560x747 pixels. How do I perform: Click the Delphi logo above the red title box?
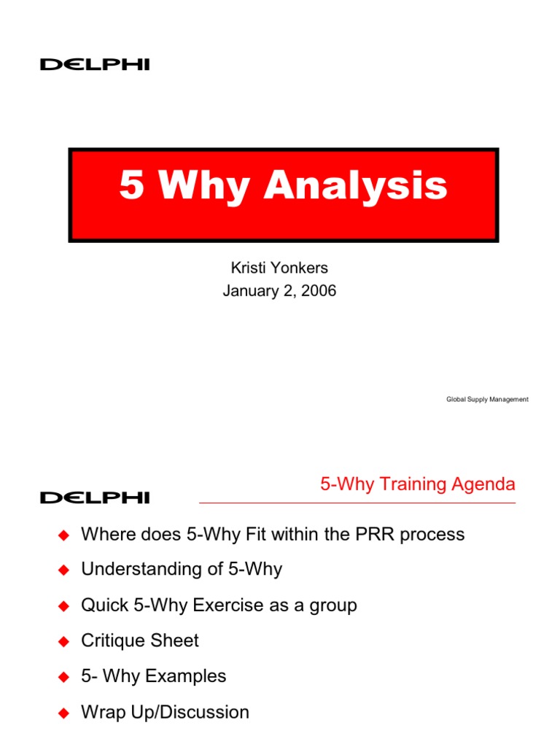tap(95, 65)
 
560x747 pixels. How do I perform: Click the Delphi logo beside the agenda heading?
tap(95, 498)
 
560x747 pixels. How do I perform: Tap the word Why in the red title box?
tap(203, 187)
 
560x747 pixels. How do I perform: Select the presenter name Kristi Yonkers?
tap(279, 268)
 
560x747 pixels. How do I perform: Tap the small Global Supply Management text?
tap(487, 400)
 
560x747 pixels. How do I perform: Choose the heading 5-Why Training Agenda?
tap(418, 484)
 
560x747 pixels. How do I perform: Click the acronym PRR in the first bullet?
tap(375, 535)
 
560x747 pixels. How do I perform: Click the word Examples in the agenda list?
tap(186, 676)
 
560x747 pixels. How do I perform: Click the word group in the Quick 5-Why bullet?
tap(333, 606)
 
